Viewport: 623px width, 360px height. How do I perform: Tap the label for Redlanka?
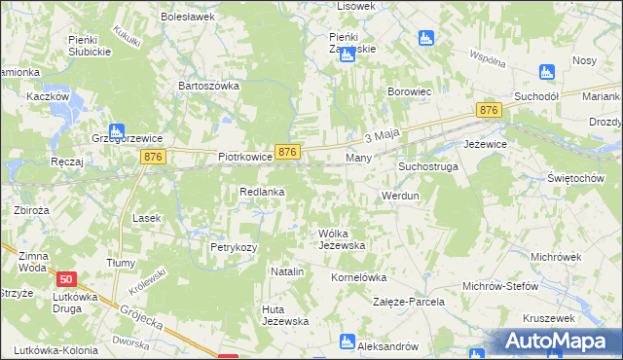[262, 192]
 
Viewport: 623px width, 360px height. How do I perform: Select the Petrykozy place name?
[234, 247]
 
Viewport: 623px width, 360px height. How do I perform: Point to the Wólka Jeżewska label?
[342, 239]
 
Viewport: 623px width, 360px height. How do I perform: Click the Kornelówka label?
[360, 276]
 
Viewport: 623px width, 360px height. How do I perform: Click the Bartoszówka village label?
[208, 86]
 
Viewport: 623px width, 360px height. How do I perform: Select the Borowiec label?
[410, 92]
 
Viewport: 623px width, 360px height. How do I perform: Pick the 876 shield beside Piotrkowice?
[286, 152]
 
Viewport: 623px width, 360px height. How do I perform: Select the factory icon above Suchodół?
[546, 71]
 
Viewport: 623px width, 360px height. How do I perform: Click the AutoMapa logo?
[556, 342]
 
